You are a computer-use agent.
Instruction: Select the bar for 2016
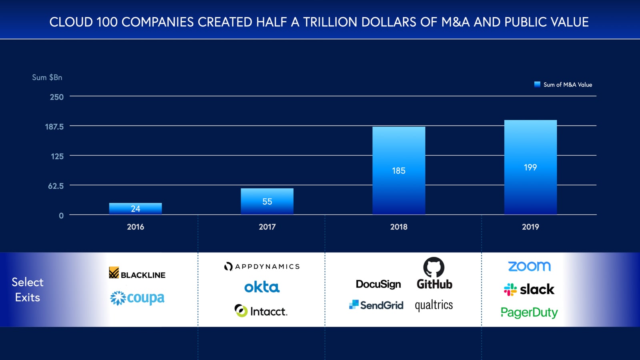pyautogui.click(x=135, y=208)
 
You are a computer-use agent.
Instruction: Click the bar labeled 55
pyautogui.click(x=267, y=201)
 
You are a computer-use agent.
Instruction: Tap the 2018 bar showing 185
pyautogui.click(x=398, y=171)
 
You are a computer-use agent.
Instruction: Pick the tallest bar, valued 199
pyautogui.click(x=530, y=167)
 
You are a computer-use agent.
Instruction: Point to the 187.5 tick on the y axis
pyautogui.click(x=54, y=127)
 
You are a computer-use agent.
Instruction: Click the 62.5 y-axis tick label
pyautogui.click(x=56, y=186)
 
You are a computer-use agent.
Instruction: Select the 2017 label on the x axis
pyautogui.click(x=267, y=227)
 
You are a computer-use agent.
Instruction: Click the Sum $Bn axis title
pyautogui.click(x=47, y=78)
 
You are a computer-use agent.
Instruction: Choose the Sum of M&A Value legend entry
pyautogui.click(x=563, y=85)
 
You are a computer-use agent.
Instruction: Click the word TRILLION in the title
pyautogui.click(x=330, y=22)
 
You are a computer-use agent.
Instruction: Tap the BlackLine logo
pyautogui.click(x=137, y=274)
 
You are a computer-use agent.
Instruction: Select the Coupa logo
pyautogui.click(x=137, y=298)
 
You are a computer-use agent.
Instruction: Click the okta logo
pyautogui.click(x=262, y=287)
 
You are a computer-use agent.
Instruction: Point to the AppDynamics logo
pyautogui.click(x=262, y=266)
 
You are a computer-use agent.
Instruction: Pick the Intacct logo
pyautogui.click(x=261, y=311)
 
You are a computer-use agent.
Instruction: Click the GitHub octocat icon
pyautogui.click(x=434, y=267)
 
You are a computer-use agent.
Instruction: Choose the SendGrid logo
pyautogui.click(x=376, y=305)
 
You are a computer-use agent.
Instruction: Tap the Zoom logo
pyautogui.click(x=529, y=266)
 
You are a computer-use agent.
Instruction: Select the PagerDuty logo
pyautogui.click(x=529, y=312)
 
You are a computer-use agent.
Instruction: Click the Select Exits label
pyautogui.click(x=27, y=290)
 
